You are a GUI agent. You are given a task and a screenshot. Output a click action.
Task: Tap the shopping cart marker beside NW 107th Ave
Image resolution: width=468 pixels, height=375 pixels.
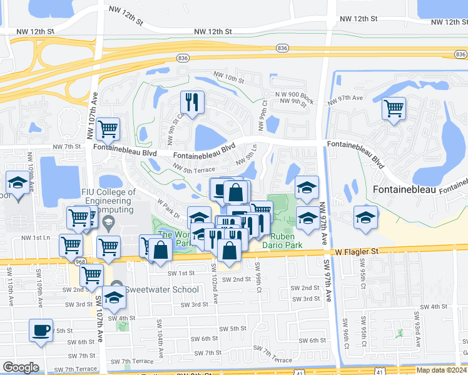click(108, 129)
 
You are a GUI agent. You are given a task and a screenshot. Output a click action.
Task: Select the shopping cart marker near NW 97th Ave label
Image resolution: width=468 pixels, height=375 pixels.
click(394, 108)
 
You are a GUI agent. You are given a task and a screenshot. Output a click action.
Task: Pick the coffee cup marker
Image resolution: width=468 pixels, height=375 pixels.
click(41, 330)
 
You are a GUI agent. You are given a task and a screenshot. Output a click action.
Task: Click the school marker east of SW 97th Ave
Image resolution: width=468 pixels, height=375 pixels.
click(366, 216)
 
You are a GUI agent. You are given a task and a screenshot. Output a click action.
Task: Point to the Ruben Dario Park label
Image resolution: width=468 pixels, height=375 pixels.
click(287, 241)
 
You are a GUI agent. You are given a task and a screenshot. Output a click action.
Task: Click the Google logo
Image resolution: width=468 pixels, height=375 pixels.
click(21, 367)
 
